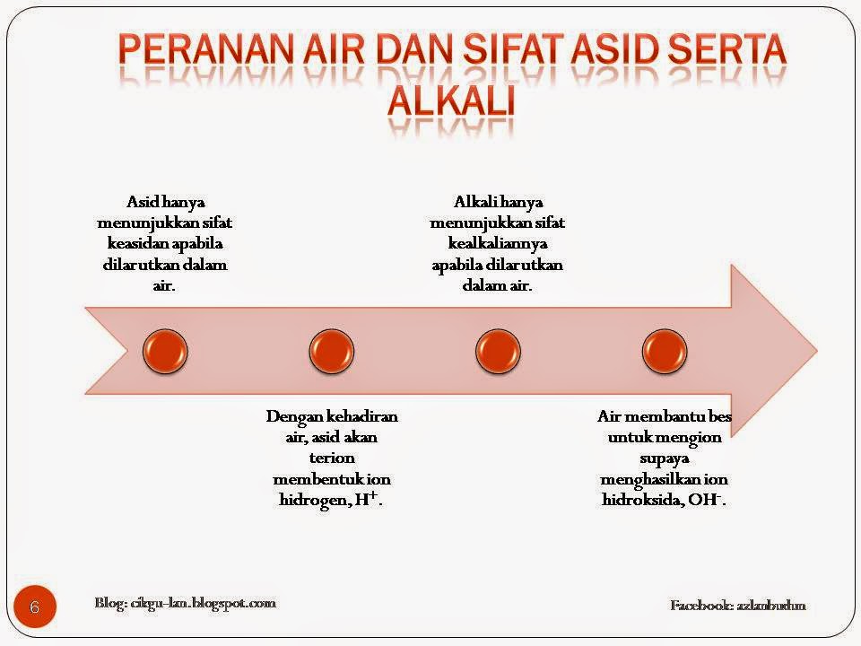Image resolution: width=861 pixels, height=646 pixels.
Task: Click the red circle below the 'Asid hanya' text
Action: coord(166,350)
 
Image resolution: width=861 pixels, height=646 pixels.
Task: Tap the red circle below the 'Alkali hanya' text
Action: coord(497,350)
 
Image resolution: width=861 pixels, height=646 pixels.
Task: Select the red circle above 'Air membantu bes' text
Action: coord(664,350)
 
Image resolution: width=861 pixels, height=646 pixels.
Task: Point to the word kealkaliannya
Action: coord(497,243)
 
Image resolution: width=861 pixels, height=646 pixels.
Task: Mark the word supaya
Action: coord(664,458)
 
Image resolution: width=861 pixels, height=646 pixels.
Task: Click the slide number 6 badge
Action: coord(35,607)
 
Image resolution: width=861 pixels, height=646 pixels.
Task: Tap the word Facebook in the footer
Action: coord(701,606)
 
